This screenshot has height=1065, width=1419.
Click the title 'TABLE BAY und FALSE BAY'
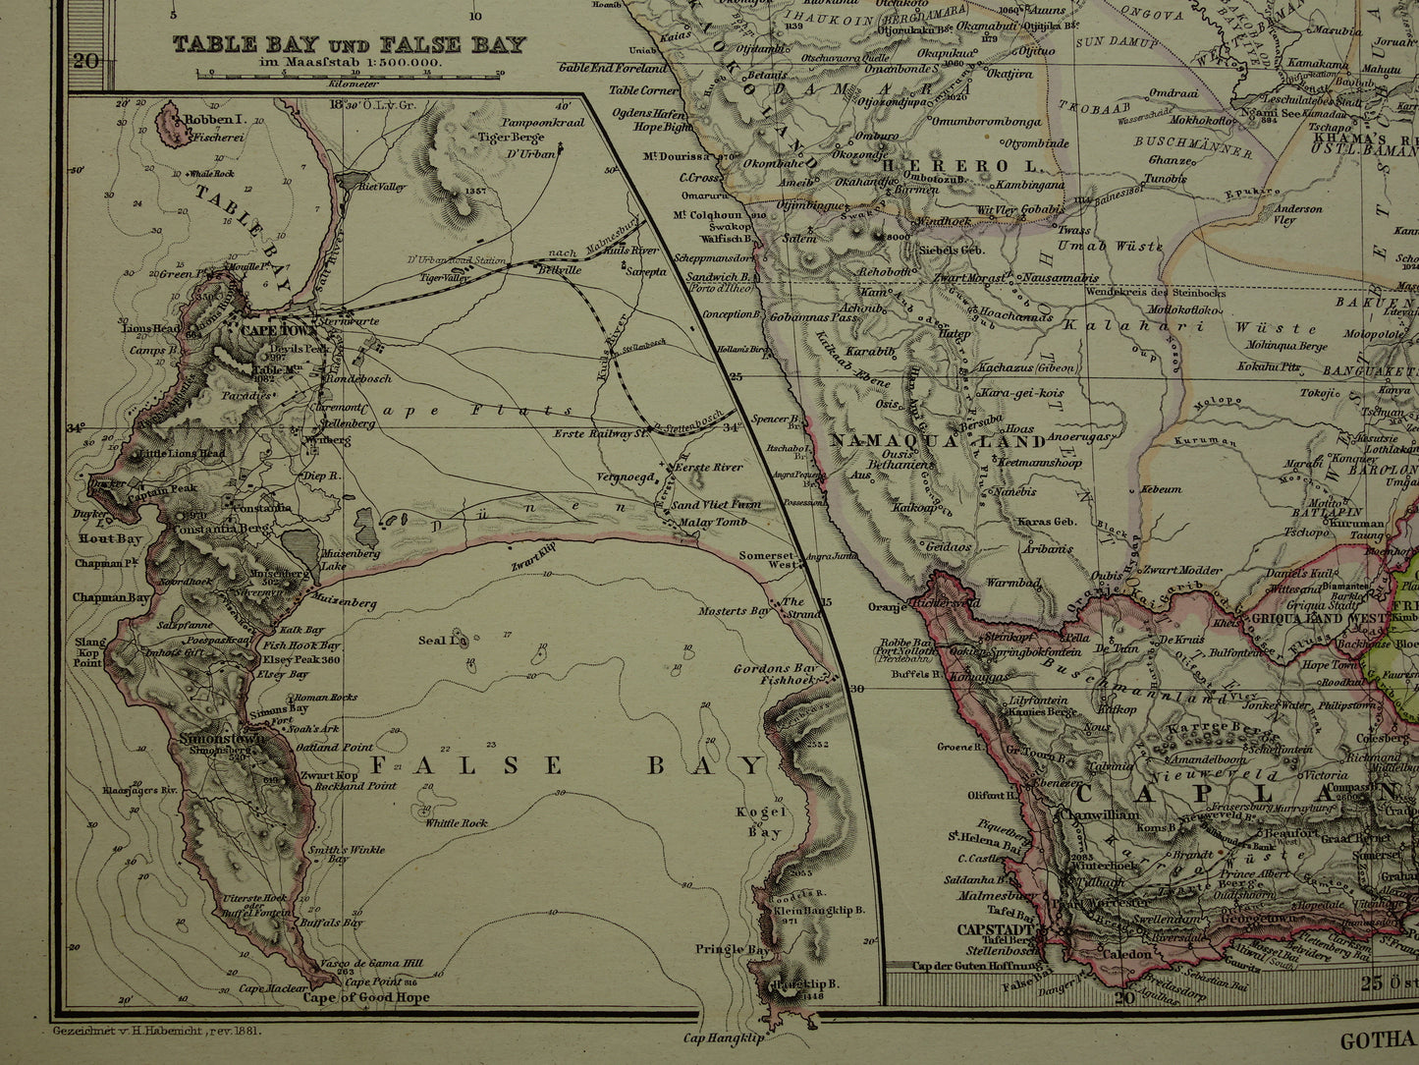(x=349, y=44)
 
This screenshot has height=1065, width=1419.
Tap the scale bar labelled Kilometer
(x=349, y=73)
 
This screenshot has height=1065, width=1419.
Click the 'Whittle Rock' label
(x=456, y=823)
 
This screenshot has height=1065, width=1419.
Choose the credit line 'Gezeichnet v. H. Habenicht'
(x=154, y=1031)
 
